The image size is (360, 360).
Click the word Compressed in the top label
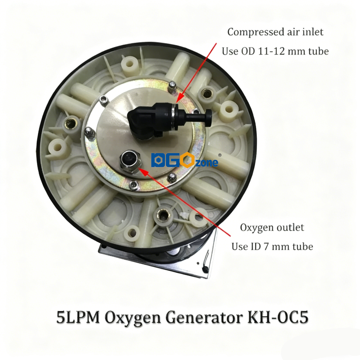pos(251,32)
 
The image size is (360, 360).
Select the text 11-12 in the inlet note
pos(273,51)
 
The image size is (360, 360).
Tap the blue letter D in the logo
pos(157,160)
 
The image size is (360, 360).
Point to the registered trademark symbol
pos(220,154)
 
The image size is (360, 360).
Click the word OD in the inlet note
pos(246,51)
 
